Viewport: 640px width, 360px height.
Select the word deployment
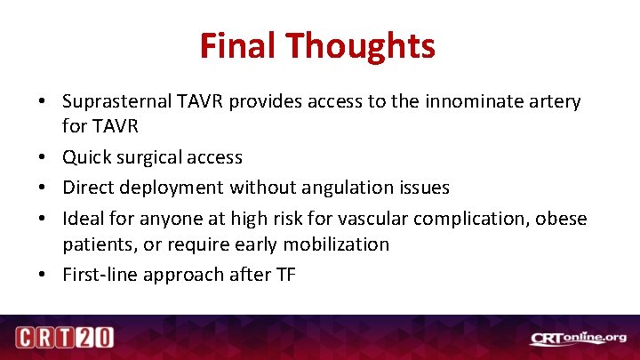pyautogui.click(x=174, y=188)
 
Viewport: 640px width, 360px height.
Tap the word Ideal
pyautogui.click(x=85, y=218)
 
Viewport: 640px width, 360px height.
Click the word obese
pyautogui.click(x=561, y=218)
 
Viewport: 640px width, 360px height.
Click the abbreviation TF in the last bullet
pyautogui.click(x=284, y=275)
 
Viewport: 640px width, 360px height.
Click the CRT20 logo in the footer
pyautogui.click(x=63, y=339)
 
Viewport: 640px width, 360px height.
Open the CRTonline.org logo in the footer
pyautogui.click(x=578, y=338)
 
